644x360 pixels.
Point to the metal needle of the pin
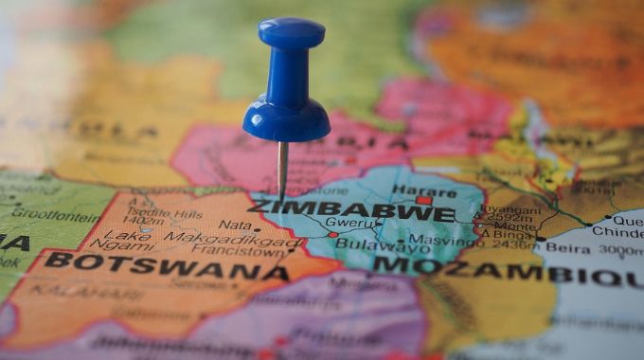pyautogui.click(x=283, y=171)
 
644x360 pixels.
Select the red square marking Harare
pyautogui.click(x=423, y=201)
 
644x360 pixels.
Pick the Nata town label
pyautogui.click(x=234, y=225)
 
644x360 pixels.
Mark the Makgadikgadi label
pyautogui.click(x=222, y=239)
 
